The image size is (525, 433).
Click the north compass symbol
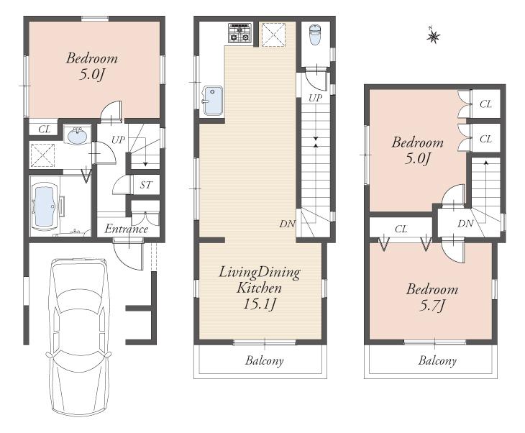433,35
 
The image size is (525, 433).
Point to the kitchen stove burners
239,33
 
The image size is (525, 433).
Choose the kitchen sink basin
212,100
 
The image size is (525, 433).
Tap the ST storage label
146,185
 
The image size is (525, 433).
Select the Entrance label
127,229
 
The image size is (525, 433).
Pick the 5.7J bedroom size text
432,306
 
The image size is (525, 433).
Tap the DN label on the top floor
465,224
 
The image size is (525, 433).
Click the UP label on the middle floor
315,97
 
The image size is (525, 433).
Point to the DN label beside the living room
287,224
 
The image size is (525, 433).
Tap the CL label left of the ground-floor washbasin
44,129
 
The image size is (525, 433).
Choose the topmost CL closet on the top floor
485,104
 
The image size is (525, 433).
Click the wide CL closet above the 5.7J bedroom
401,229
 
